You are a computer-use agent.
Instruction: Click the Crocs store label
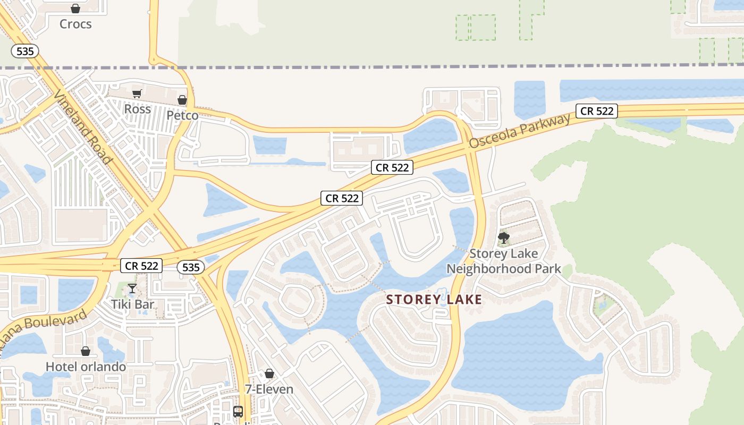(75, 24)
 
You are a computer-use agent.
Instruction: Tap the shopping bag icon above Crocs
(75, 8)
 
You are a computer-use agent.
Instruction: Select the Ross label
(138, 109)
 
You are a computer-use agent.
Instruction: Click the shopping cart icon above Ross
(137, 94)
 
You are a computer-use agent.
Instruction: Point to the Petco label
(182, 115)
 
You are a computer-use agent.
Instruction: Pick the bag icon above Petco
(182, 100)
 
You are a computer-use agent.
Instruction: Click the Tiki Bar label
(132, 304)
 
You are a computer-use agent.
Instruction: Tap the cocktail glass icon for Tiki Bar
(132, 288)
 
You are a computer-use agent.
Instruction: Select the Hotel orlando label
(86, 367)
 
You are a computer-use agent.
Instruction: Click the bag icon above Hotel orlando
(85, 351)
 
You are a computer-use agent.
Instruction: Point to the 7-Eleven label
(269, 389)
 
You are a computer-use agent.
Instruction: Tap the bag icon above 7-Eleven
(269, 373)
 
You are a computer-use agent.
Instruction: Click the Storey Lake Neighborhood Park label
(503, 261)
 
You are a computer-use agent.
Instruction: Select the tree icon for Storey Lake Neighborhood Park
(503, 237)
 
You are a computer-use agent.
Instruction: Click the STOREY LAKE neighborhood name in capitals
(434, 300)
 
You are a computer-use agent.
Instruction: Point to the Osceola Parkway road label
(520, 130)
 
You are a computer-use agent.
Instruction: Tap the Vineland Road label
(83, 126)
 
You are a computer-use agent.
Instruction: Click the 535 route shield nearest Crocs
(24, 51)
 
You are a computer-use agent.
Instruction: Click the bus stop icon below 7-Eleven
(238, 411)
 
